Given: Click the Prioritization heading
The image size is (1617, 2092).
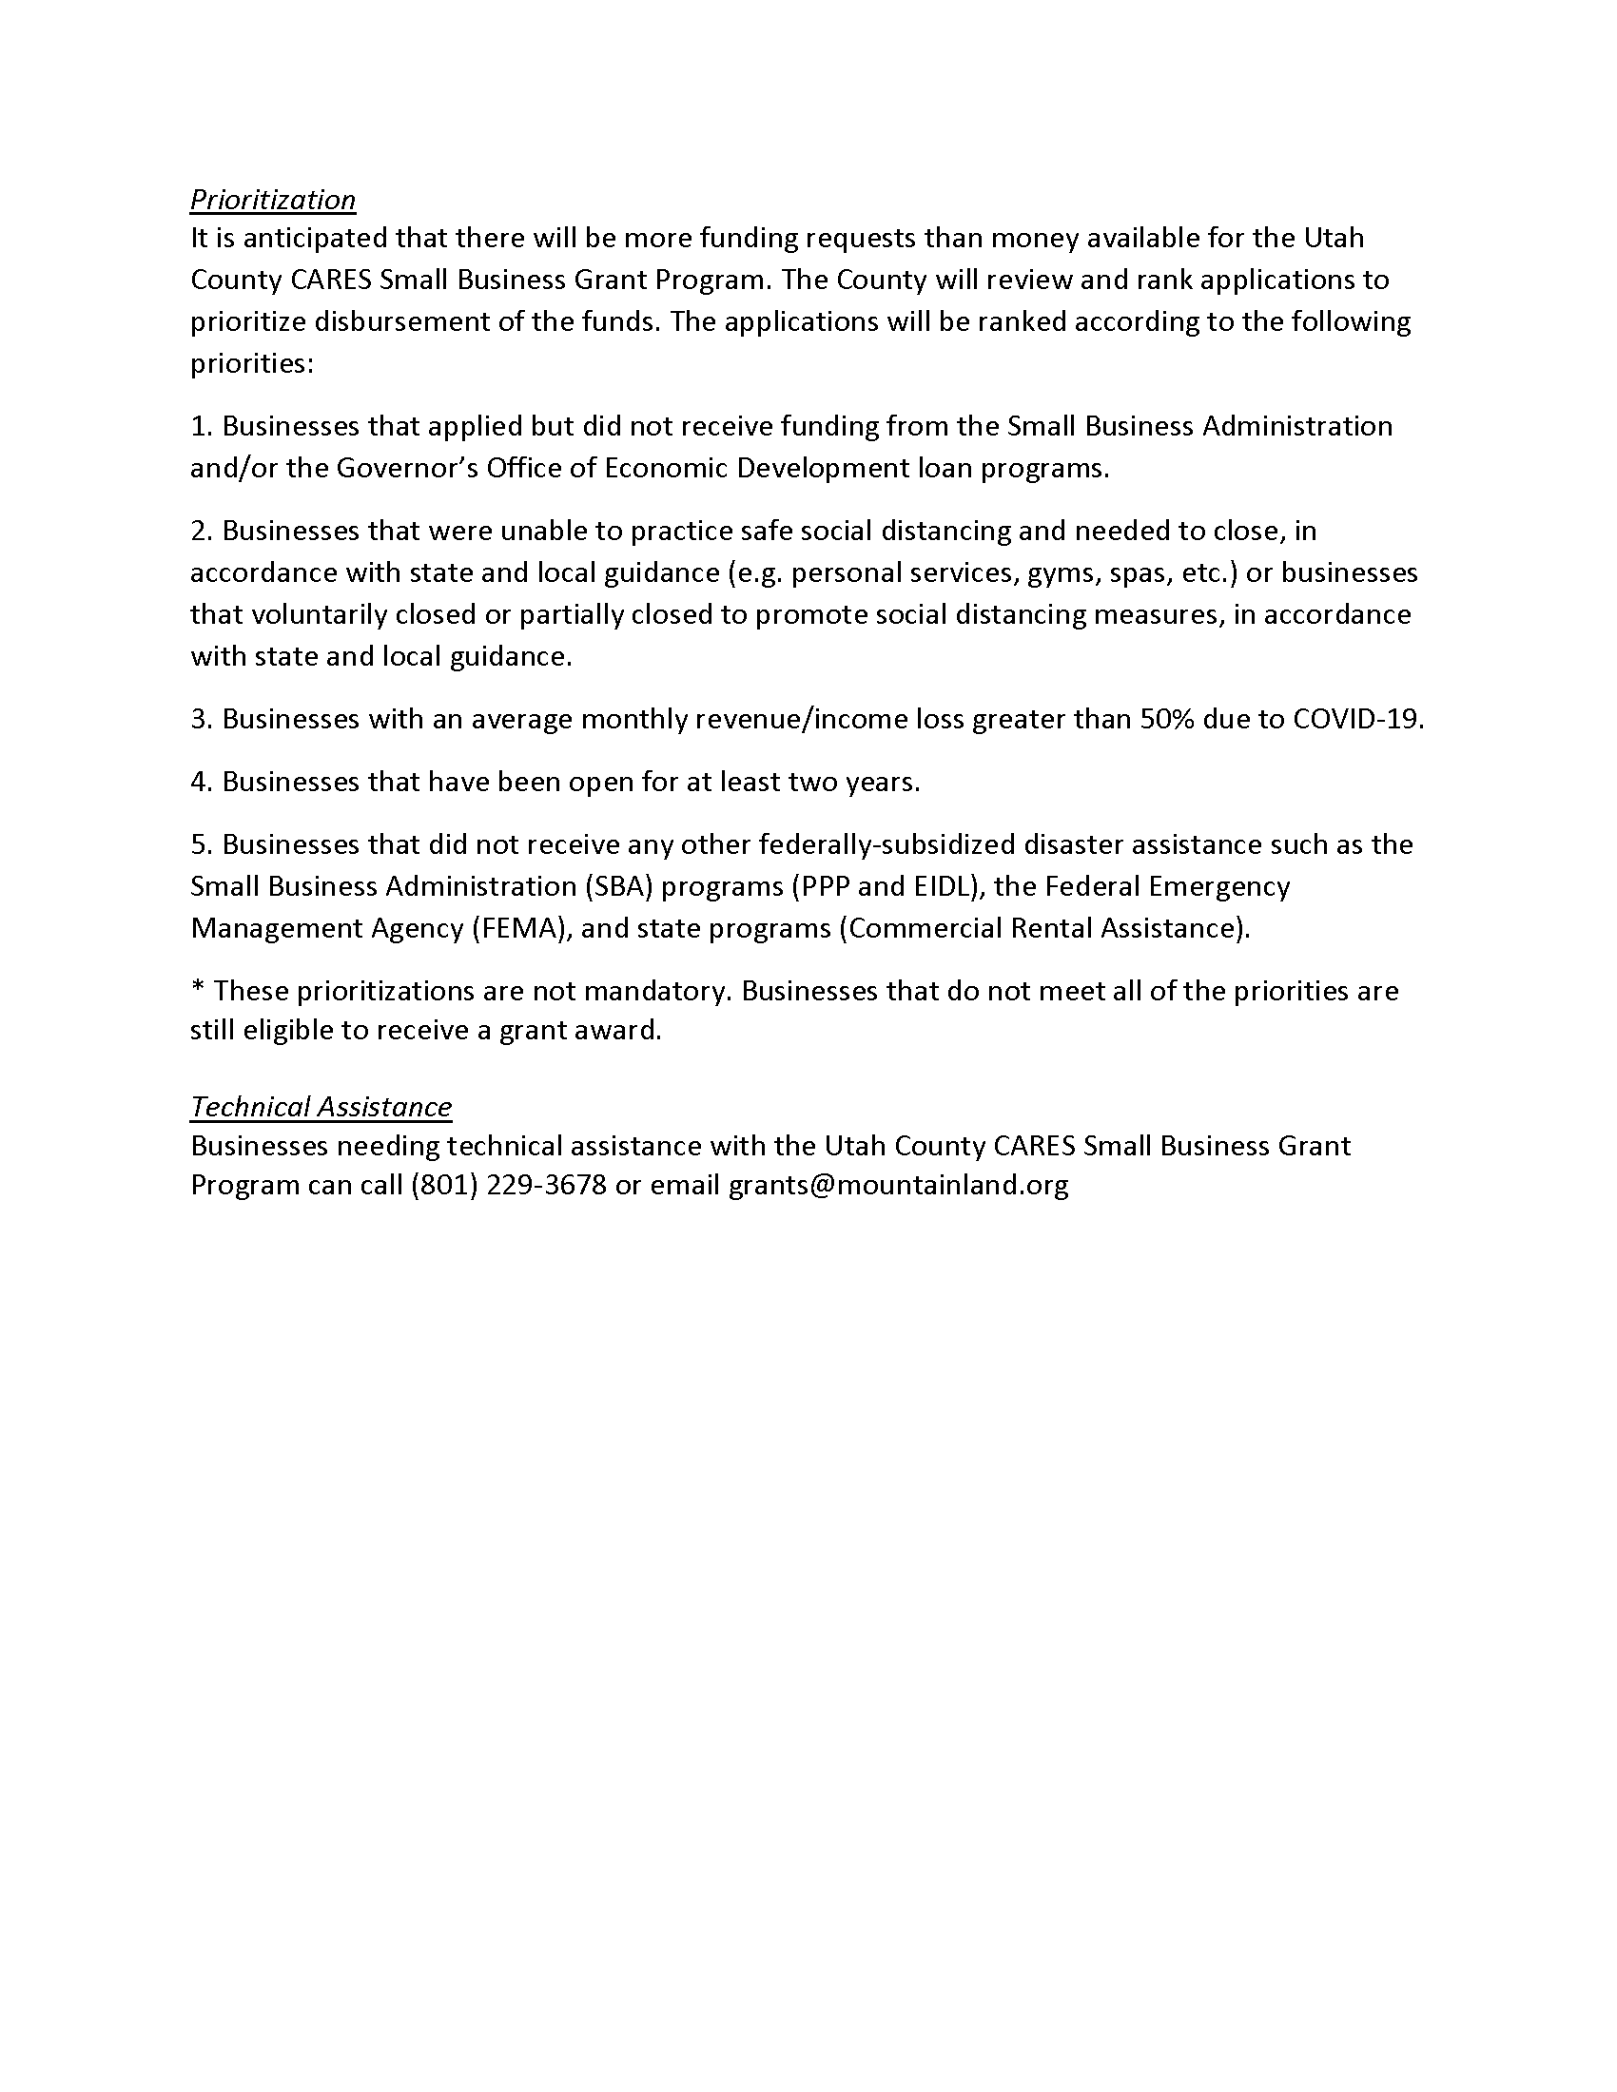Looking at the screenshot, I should coord(272,200).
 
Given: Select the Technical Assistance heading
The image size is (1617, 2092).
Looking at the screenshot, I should coord(320,1106).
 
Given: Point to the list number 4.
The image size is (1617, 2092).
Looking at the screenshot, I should coord(200,782).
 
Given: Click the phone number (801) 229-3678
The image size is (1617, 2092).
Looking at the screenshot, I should coord(509,1185).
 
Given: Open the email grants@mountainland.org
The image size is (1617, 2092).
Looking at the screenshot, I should coord(898,1185).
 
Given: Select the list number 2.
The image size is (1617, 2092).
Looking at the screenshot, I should coord(200,531).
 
